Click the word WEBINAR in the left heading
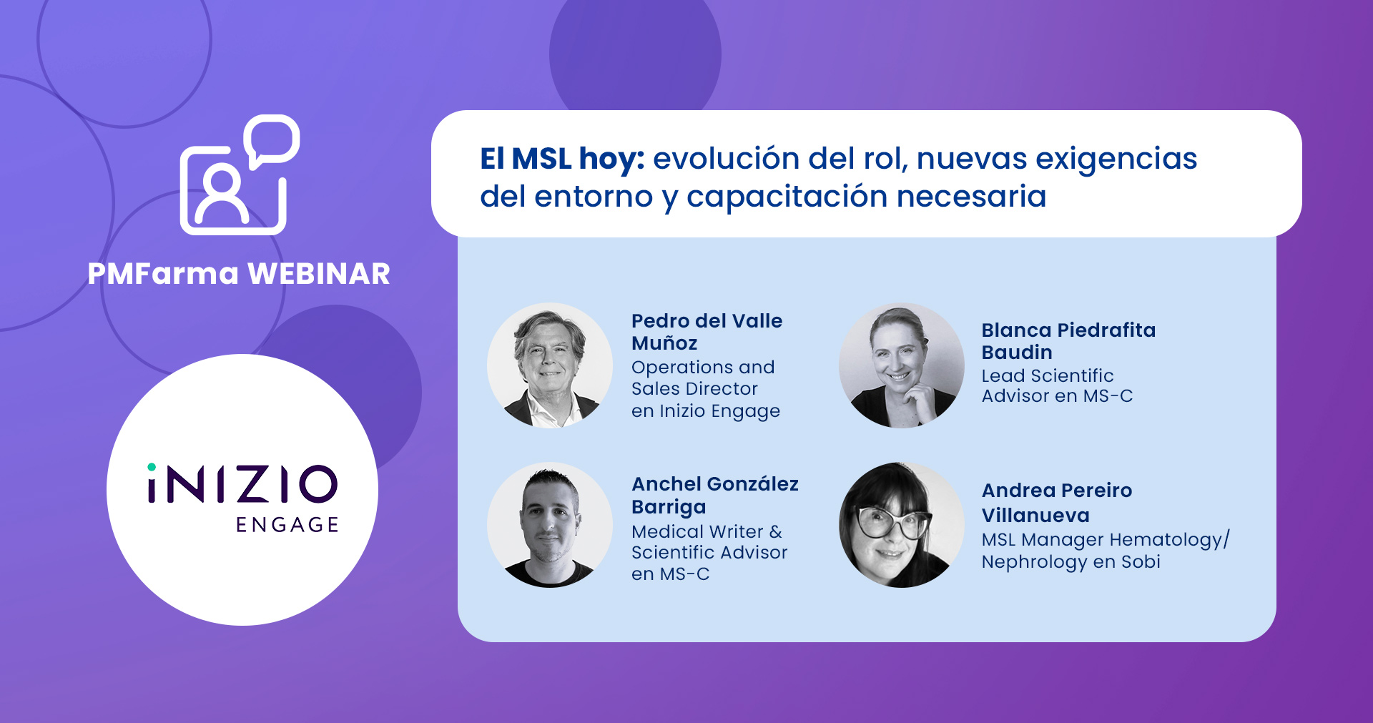(x=319, y=274)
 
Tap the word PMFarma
(x=163, y=274)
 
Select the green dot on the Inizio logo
(x=152, y=468)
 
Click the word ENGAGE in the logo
(x=287, y=525)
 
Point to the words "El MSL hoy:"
(x=562, y=159)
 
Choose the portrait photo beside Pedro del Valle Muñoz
(x=550, y=365)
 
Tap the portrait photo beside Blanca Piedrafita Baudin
(x=902, y=365)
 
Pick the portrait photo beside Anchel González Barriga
(x=550, y=525)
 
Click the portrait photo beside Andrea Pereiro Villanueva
(x=902, y=525)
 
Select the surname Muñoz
(x=664, y=343)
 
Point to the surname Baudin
(x=1017, y=353)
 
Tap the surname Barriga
(x=669, y=507)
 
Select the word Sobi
(x=1141, y=562)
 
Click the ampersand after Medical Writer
(x=776, y=532)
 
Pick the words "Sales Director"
(x=694, y=389)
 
